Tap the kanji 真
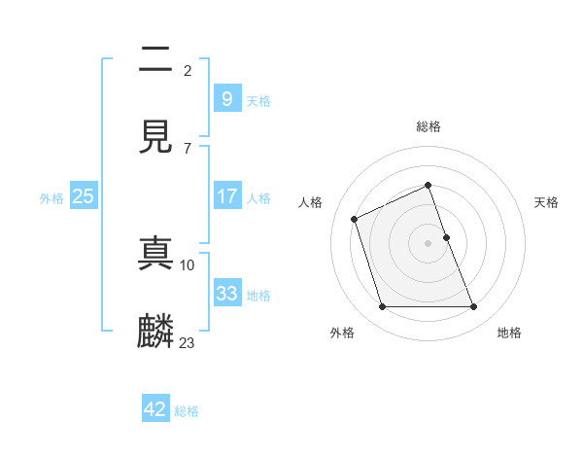pos(156,253)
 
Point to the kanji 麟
pos(156,331)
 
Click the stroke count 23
pos(188,341)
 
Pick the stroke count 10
pos(188,264)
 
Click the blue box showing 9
pos(226,99)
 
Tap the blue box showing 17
pos(226,196)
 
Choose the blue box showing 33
pos(226,294)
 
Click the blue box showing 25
pos(83,196)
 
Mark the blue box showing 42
pos(155,409)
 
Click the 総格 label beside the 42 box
pos(187,411)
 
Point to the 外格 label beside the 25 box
pos(51,198)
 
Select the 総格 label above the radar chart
pos(429,126)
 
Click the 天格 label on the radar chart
pos(547,202)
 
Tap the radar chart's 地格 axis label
pos(509,333)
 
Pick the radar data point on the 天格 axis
pos(446,237)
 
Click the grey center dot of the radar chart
pos(429,243)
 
